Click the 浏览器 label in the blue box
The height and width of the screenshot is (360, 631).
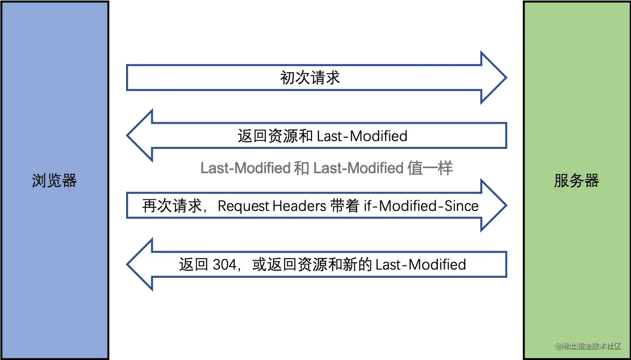[54, 181]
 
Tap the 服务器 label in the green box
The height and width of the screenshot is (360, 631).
[576, 181]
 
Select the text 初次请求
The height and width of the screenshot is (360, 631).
[310, 78]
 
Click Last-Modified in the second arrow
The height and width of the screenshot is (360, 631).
[362, 136]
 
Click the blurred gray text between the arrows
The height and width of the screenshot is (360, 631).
[326, 168]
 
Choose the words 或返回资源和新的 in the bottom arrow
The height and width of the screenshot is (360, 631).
[312, 265]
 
